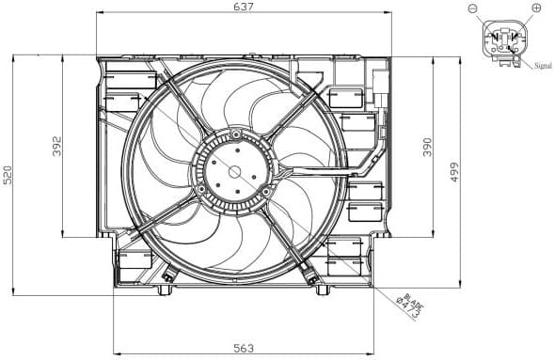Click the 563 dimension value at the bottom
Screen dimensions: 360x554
(244, 349)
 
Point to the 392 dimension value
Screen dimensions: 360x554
(57, 146)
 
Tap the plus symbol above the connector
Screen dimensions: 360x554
(536, 8)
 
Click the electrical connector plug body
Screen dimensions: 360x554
(504, 40)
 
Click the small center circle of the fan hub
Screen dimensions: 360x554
(234, 173)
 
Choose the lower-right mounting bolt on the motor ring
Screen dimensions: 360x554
(266, 192)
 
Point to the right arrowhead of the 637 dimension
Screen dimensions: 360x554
(388, 12)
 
